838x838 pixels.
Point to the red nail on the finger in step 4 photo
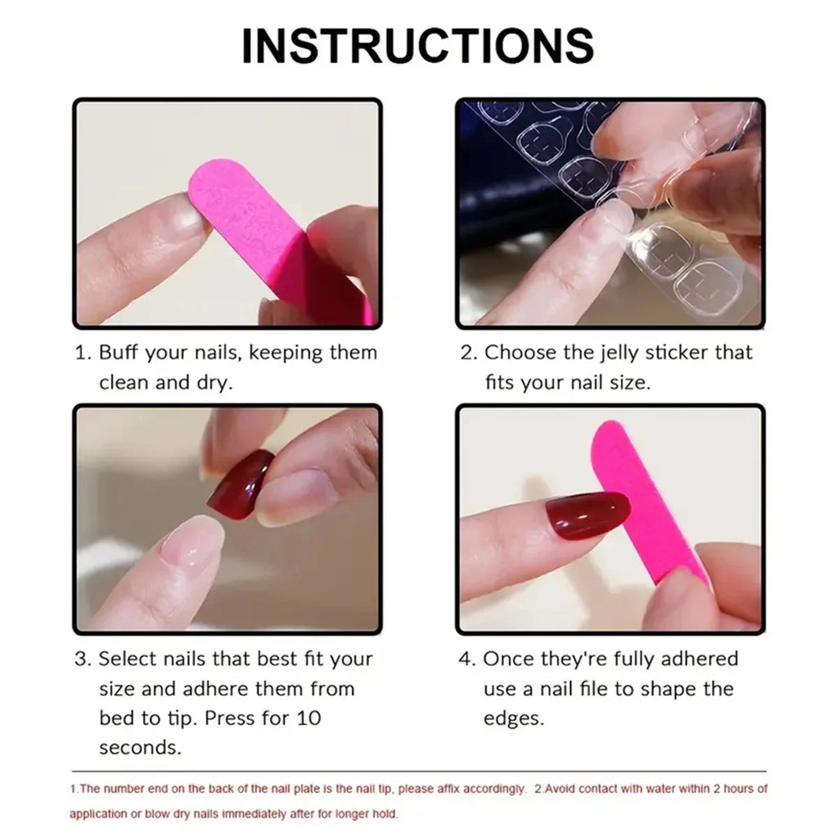587,516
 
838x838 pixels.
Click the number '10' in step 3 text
307,719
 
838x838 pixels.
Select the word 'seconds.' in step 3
140,748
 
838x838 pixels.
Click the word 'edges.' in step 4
513,719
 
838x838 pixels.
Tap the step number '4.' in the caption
466,660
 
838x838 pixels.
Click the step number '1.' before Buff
83,354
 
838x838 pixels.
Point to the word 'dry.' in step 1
214,383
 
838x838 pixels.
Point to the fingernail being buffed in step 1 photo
176,219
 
